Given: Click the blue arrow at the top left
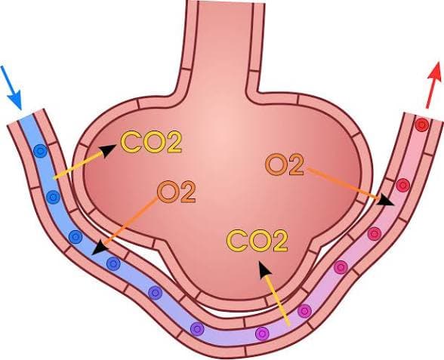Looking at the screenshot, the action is tap(11, 88).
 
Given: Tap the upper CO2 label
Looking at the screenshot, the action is tap(151, 142).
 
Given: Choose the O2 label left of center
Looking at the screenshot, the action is tap(176, 192).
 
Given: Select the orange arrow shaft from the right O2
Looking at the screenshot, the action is tap(342, 183).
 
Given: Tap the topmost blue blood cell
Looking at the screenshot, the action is tap(40, 151).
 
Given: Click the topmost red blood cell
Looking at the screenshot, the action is tap(421, 125).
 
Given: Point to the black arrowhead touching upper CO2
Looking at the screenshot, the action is tap(108, 150).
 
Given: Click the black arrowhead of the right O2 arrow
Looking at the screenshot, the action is tap(385, 200).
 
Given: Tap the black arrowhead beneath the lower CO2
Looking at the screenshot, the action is tap(264, 269).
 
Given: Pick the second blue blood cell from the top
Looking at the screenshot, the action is tap(53, 197).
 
